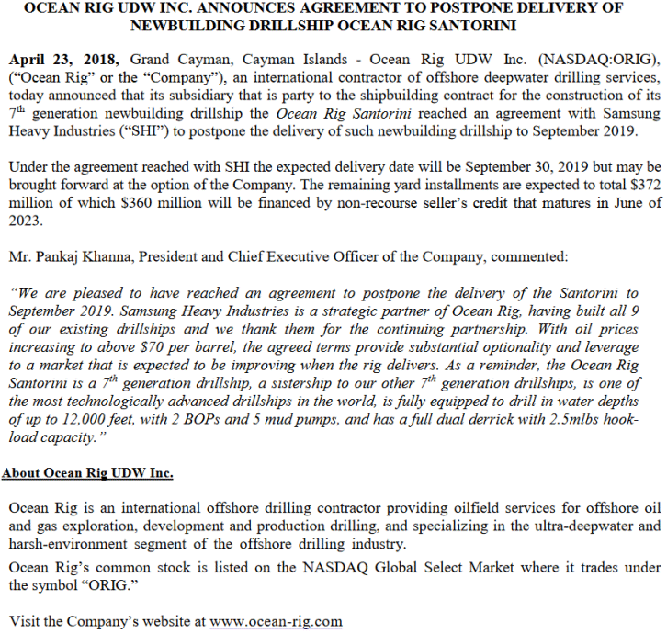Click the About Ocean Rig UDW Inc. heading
[88, 473]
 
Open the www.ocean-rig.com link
[277, 620]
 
